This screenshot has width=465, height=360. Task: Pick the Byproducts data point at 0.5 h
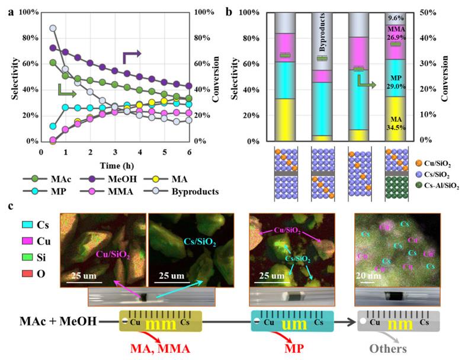pyautogui.click(x=53, y=28)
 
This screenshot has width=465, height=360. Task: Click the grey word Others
pyautogui.click(x=389, y=348)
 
